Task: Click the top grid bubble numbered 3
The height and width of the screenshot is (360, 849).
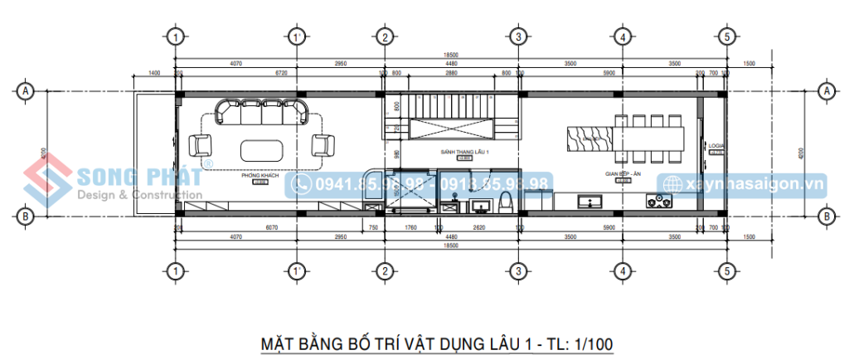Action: coord(517,36)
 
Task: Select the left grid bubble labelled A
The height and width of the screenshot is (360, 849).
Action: coord(26,90)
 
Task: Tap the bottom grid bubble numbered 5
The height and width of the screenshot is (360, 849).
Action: coord(725,270)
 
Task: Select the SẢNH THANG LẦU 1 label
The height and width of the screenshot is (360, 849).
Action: coord(464,153)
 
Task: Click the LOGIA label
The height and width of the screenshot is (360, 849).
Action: coord(716,146)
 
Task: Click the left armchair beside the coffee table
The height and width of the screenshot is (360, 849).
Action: coord(201,146)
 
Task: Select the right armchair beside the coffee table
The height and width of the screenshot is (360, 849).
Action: coord(322,146)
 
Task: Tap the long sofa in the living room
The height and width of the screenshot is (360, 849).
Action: coord(261,112)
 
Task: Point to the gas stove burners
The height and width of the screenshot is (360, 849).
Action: coord(660,201)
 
